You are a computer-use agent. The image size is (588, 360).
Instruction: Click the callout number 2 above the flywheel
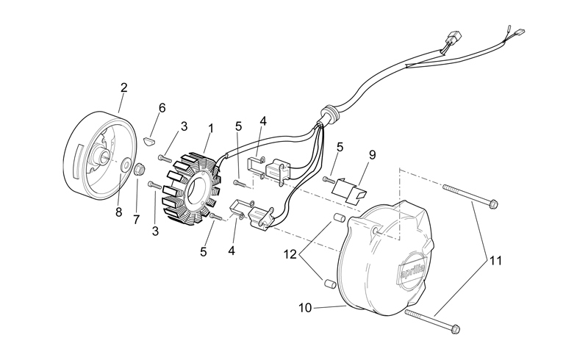coord(123,87)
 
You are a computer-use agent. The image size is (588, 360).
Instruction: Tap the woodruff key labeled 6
coord(149,141)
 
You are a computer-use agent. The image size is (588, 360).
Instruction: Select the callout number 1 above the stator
coord(211,129)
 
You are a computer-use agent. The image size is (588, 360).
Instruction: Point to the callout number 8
coord(119,212)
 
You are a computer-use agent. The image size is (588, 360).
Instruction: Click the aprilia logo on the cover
coord(413,271)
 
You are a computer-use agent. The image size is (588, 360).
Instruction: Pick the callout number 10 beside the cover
coord(305,308)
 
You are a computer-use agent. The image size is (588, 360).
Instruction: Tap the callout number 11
coord(495,260)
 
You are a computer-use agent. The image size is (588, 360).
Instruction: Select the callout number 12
coord(290,255)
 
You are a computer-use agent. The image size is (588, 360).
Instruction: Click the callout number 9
coord(372,155)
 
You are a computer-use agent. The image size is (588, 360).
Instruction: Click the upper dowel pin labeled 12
coord(340,217)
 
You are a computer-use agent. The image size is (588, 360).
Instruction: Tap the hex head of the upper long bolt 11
coord(493,204)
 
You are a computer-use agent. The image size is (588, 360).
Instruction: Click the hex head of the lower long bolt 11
coord(455,329)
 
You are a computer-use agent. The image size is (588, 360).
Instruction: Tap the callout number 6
coord(162,108)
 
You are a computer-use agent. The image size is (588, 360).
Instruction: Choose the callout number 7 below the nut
coord(136,220)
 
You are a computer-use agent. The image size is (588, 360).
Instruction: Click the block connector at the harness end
coord(453,38)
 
